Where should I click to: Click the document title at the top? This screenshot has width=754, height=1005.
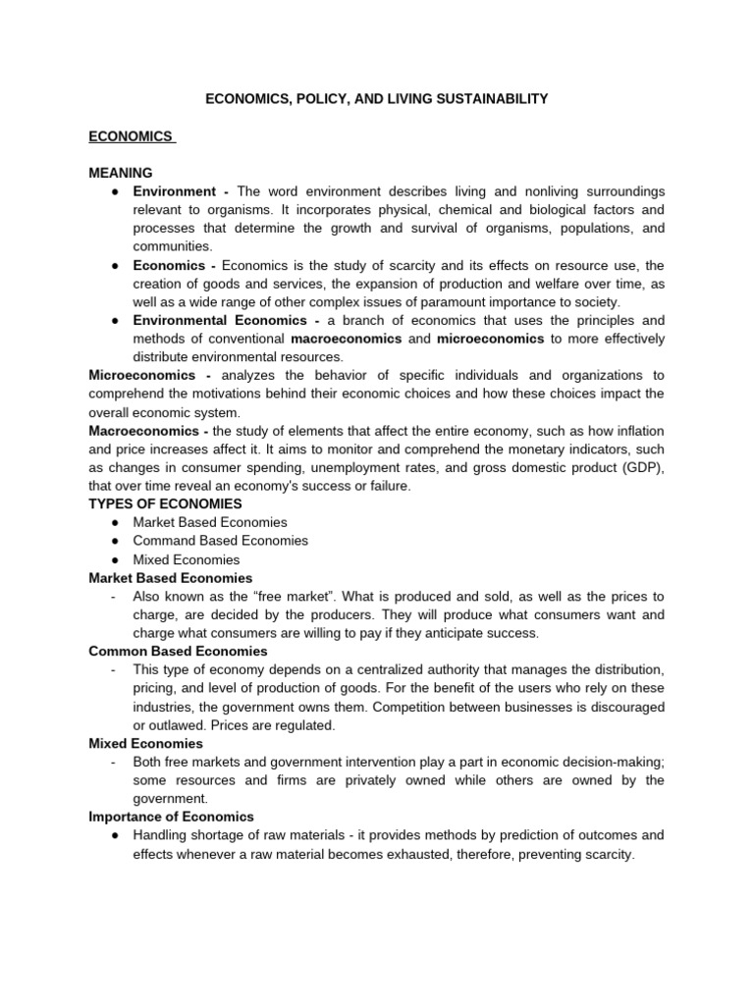click(376, 99)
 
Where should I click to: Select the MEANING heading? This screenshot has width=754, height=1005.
click(121, 173)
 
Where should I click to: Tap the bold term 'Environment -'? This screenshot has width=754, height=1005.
click(182, 191)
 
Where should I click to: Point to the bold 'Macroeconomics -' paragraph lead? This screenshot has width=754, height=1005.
click(148, 431)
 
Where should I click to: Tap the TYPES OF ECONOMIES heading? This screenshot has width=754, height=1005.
click(165, 503)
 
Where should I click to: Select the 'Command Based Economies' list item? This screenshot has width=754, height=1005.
click(221, 541)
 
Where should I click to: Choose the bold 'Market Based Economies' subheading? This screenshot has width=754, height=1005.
click(171, 578)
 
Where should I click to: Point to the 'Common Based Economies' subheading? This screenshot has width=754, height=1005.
click(178, 651)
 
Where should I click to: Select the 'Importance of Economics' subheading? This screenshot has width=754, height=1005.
click(171, 817)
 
